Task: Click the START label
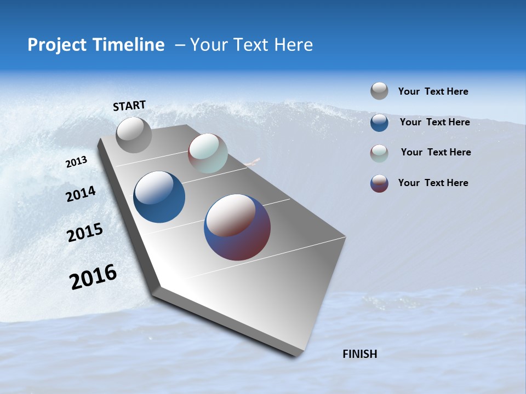pos(129,106)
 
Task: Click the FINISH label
pos(359,354)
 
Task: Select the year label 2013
pos(76,162)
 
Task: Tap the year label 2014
pos(81,194)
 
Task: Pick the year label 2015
pos(85,233)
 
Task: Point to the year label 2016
pos(93,277)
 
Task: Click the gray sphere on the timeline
pos(134,135)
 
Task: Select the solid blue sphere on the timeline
pos(159,197)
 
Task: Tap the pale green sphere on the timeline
pos(208,153)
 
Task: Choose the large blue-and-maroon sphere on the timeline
pos(237,227)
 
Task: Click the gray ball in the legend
pos(379,91)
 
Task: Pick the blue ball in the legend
pos(379,123)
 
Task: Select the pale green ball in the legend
pos(379,153)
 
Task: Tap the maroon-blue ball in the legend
pos(379,183)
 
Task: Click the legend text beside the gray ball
pos(433,91)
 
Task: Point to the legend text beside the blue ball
pos(434,122)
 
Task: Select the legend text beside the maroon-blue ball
pos(433,183)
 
